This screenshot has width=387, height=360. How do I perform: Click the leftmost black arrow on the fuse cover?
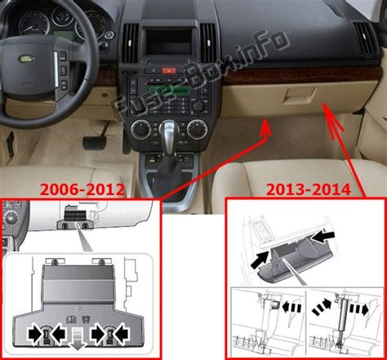[x=34, y=332]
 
